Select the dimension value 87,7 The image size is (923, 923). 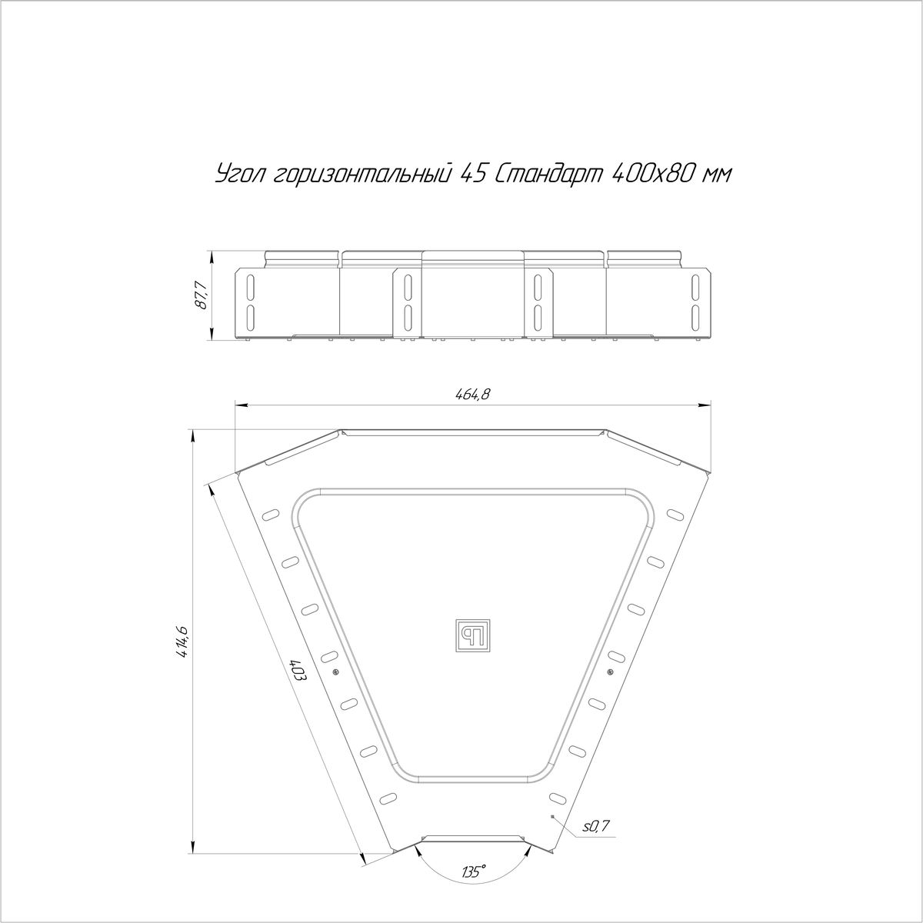(202, 296)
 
